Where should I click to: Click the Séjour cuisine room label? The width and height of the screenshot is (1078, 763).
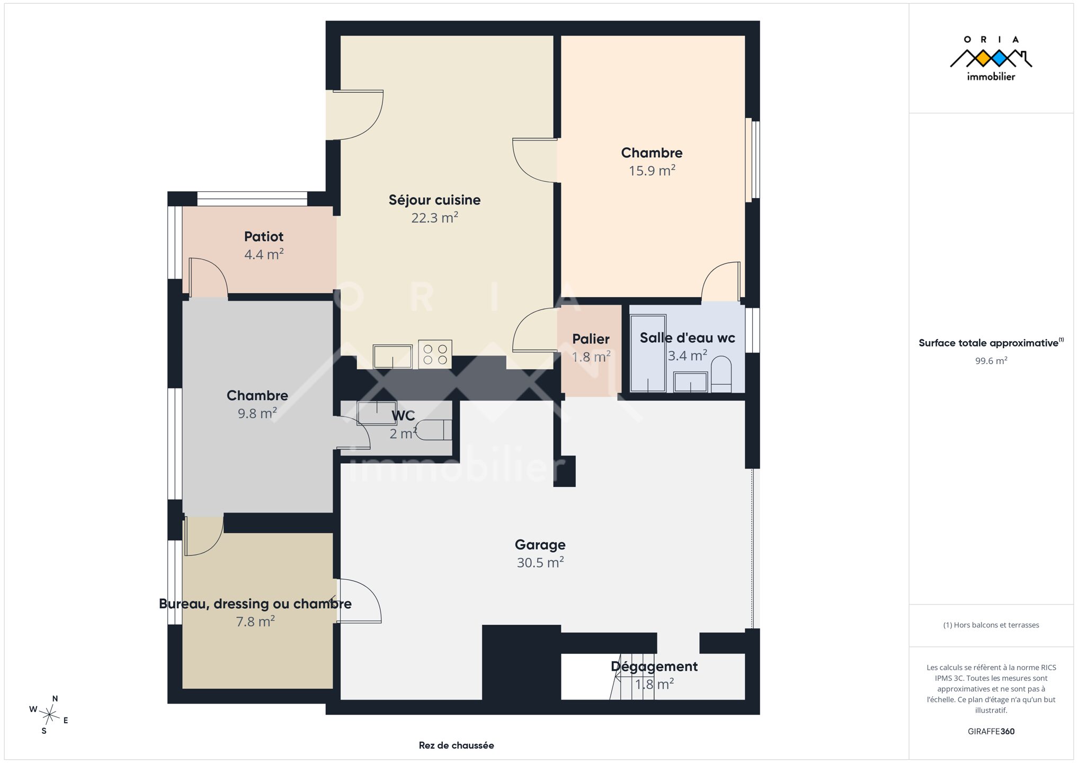[x=434, y=200]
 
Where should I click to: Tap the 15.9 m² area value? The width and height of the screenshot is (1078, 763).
[x=652, y=171]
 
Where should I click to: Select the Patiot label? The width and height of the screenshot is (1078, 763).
[x=263, y=236]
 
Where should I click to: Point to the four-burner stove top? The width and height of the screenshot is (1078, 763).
[x=435, y=354]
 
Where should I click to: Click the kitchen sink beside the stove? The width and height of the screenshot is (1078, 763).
[x=393, y=356]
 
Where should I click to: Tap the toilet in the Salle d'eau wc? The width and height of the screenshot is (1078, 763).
[x=721, y=374]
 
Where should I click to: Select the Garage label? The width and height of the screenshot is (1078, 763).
[x=540, y=545]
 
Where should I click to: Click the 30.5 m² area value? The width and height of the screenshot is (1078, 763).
[x=540, y=562]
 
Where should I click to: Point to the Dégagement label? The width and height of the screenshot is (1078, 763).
[x=654, y=667]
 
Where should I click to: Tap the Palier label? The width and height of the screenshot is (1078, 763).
[x=591, y=339]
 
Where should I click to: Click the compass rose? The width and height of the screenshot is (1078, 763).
[x=49, y=715]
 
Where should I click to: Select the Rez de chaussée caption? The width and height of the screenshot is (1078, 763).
[x=456, y=746]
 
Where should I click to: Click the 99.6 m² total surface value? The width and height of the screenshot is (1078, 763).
[x=991, y=361]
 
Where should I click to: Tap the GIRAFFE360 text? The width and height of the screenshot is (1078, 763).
[x=991, y=731]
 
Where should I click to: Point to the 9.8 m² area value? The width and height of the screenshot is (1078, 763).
[x=257, y=413]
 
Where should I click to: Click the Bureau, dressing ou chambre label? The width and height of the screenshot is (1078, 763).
[x=255, y=604]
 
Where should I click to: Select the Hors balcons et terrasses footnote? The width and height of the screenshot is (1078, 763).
[x=991, y=625]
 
